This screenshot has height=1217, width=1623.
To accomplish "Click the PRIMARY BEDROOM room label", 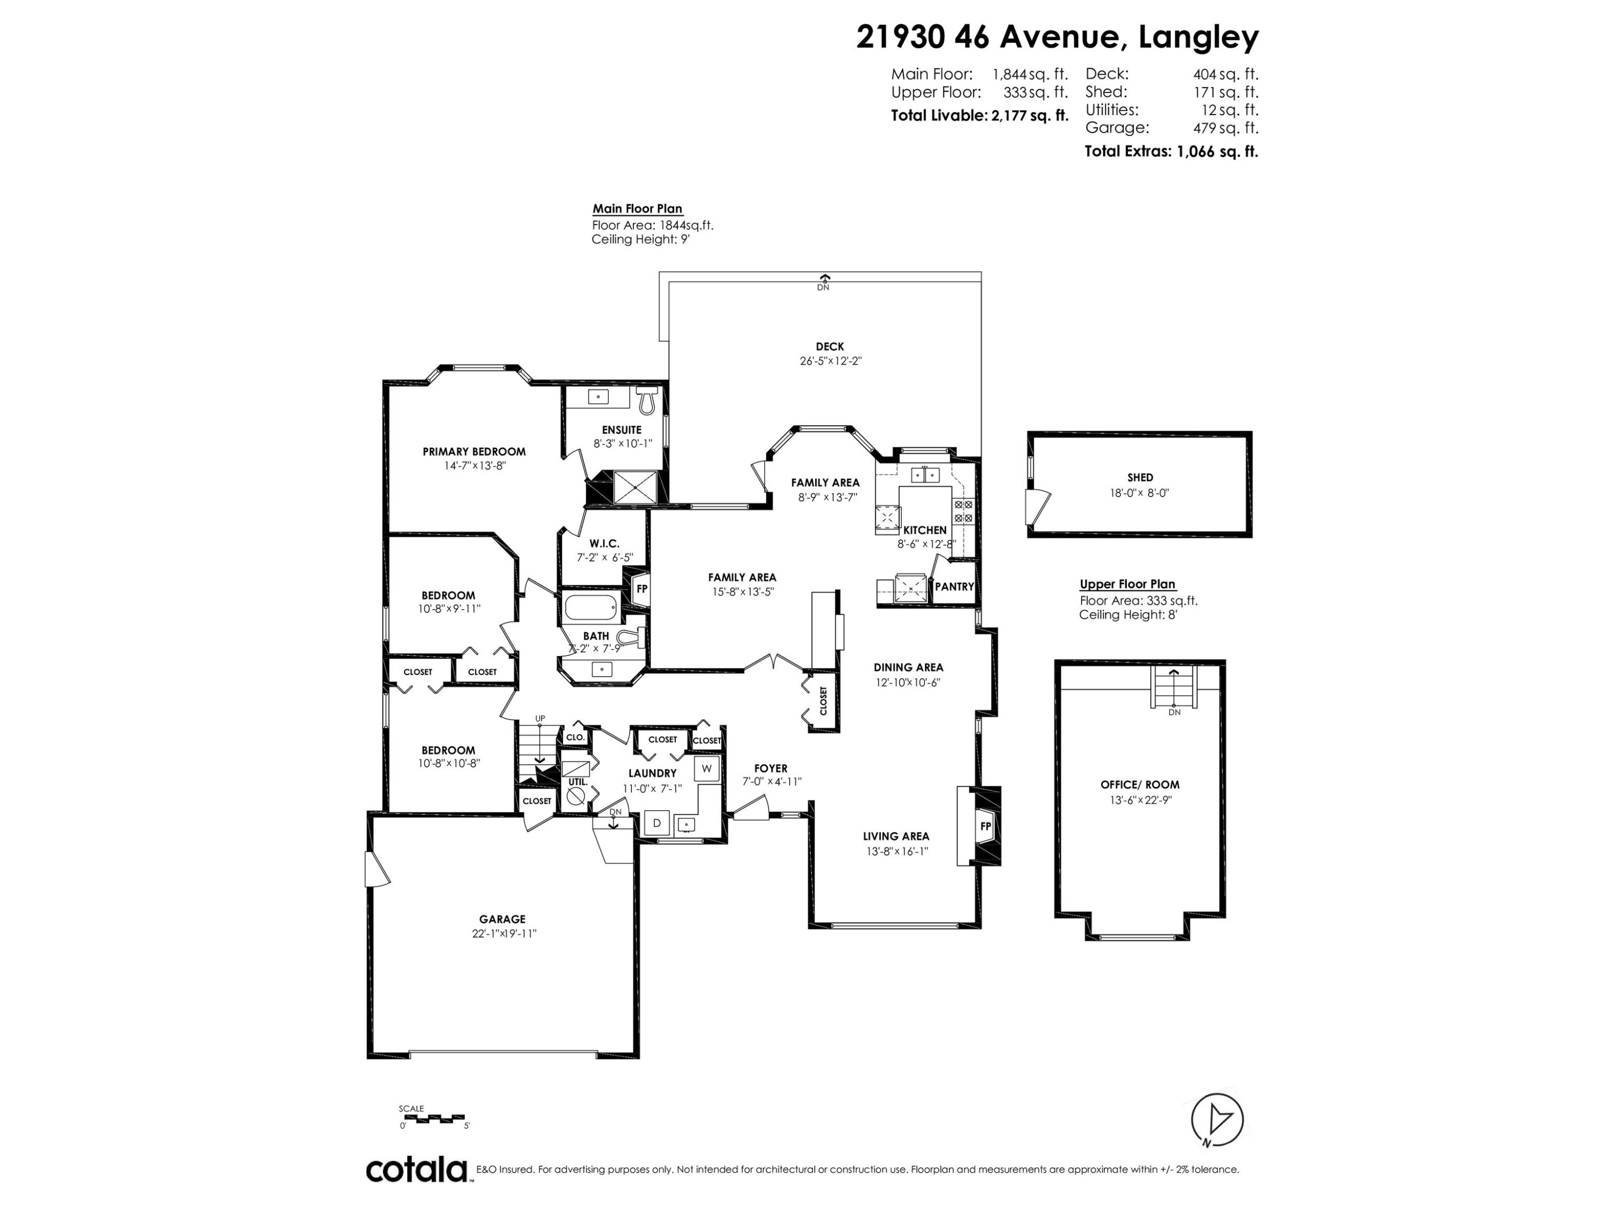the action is tap(474, 452).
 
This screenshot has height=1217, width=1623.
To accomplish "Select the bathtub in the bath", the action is tap(591, 608).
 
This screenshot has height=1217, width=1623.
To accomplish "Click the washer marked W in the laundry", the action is tap(707, 769).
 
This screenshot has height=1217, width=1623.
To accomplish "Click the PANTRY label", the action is tap(954, 587).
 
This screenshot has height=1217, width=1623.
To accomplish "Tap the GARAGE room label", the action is tap(503, 919).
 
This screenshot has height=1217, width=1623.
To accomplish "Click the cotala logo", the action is tap(417, 1170).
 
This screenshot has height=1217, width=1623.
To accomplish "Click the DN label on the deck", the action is tap(823, 288).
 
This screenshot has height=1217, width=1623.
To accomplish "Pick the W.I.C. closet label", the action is tap(605, 544).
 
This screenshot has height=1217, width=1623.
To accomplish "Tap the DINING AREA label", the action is tap(908, 667).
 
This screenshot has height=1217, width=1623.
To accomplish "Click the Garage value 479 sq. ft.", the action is tap(1225, 128).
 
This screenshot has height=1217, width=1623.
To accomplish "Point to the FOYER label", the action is tap(770, 769).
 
